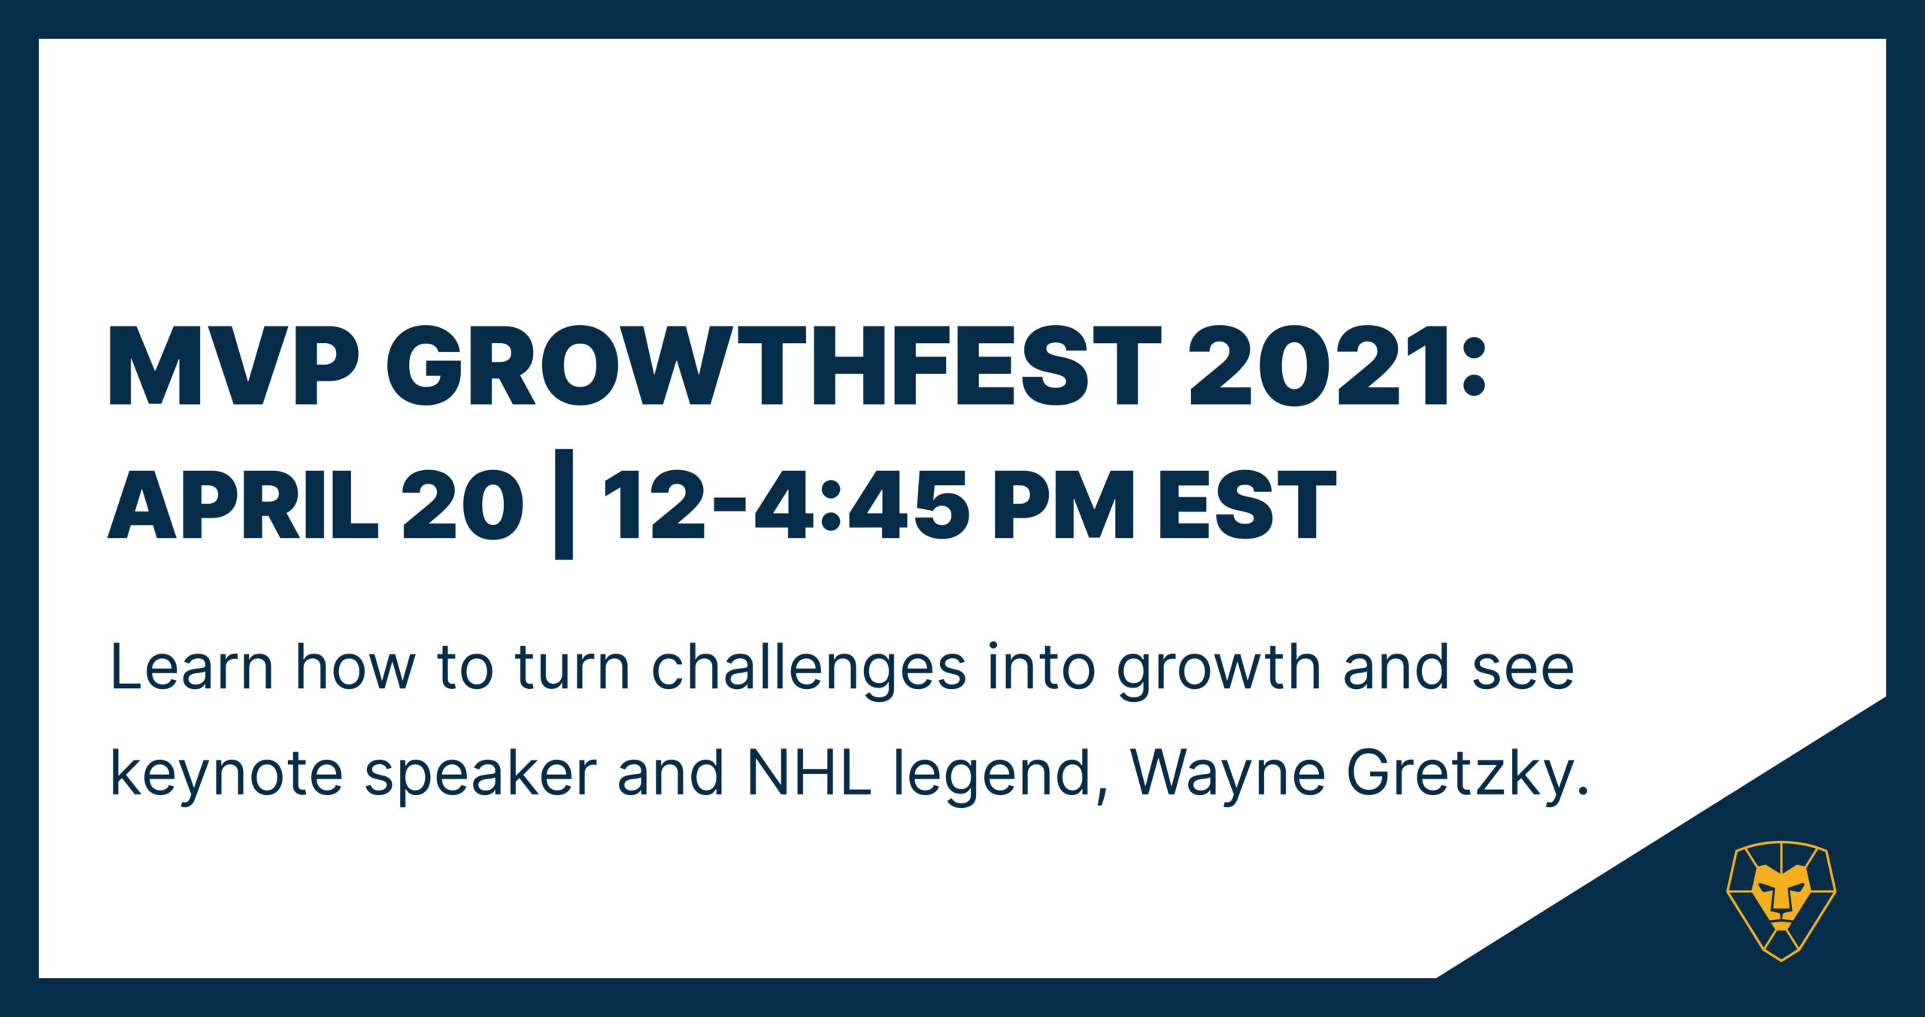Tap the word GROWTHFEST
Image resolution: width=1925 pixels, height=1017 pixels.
coord(775,366)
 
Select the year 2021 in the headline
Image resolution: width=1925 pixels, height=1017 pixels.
coord(1317,366)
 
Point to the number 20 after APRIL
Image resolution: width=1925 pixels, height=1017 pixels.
coord(462,503)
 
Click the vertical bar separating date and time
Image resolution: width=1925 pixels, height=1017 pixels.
coord(564,504)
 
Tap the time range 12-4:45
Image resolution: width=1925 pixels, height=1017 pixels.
coord(786,503)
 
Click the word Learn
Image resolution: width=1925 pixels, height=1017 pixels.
coord(192,666)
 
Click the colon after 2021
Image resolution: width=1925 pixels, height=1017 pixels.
coord(1475,367)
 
